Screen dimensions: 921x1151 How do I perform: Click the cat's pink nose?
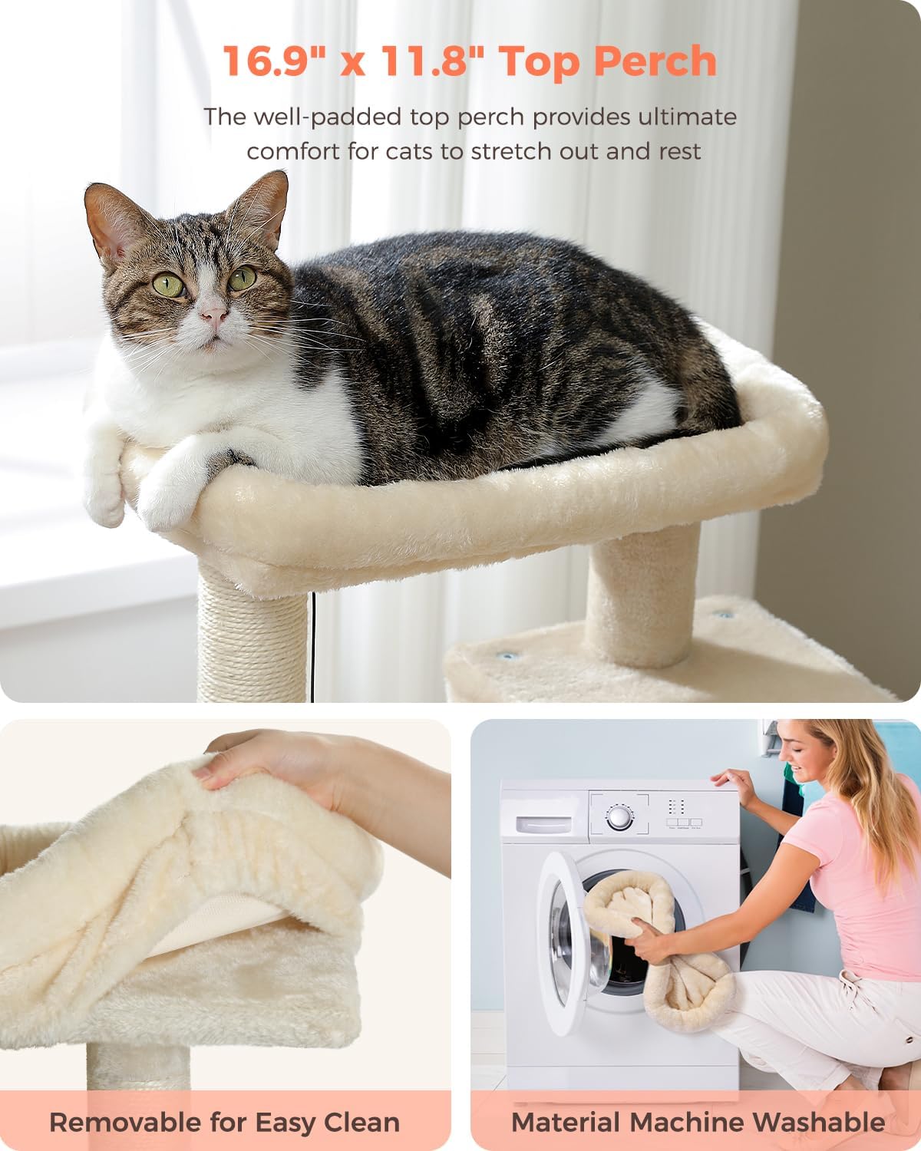214,317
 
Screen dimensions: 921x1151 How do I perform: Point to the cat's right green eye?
243,277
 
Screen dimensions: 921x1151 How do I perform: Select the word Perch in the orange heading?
655,61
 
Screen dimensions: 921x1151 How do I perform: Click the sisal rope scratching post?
253,631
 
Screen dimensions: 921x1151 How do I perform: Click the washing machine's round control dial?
619,816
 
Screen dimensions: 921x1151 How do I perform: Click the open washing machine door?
561,942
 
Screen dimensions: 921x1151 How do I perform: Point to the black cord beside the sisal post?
313,647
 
